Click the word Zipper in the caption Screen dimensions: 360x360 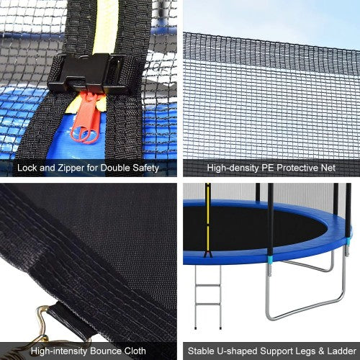click(71, 168)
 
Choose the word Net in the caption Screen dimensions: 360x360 click(328, 168)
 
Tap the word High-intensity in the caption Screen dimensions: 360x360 click(59, 351)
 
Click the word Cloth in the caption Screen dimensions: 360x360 click(134, 351)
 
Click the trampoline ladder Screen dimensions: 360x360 click(208, 297)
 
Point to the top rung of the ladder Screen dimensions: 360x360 click(208, 286)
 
